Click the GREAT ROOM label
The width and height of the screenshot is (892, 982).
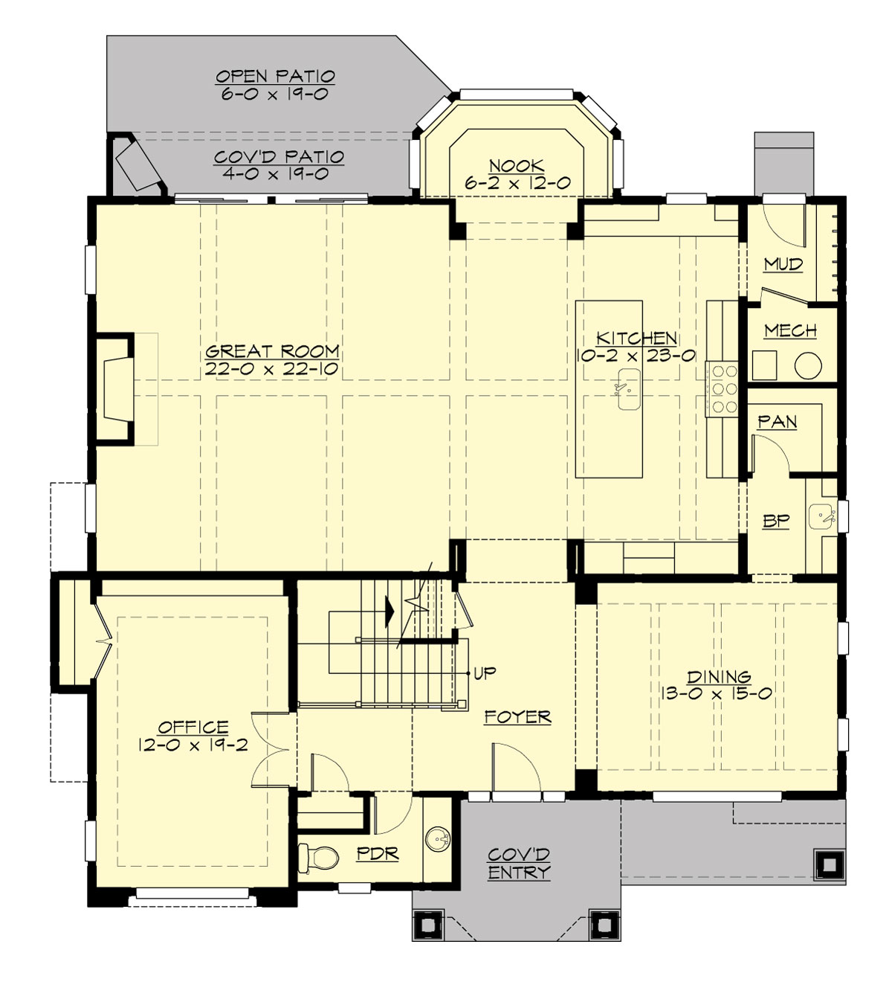point(272,351)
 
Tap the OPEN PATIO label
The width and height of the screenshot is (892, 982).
point(275,76)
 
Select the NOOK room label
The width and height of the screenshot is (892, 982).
point(517,165)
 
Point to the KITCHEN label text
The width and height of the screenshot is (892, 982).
point(636,338)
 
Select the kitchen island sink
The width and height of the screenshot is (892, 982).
point(628,388)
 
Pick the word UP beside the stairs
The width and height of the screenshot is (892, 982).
point(485,673)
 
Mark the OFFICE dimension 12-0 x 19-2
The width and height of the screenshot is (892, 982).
point(193,744)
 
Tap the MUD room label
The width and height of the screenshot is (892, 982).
point(783,264)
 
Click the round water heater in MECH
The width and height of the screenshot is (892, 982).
point(807,365)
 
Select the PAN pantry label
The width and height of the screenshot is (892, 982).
point(777,422)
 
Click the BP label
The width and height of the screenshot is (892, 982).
point(775,521)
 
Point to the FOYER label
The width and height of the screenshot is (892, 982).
point(517,717)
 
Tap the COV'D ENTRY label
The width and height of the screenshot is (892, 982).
point(519,863)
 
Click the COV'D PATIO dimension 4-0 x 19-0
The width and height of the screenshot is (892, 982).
point(275,174)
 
